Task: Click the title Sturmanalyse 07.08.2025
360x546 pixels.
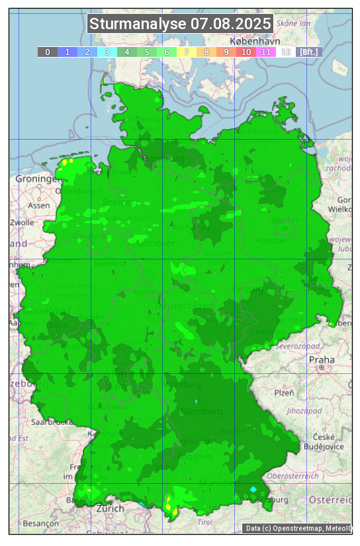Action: (x=180, y=24)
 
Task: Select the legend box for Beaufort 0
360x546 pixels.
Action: (x=47, y=52)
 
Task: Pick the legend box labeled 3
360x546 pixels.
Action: (x=107, y=52)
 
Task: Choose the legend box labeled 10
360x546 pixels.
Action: (x=246, y=52)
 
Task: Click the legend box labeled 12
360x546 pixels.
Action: (x=285, y=52)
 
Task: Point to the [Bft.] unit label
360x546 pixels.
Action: (x=308, y=52)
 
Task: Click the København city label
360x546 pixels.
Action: (x=256, y=40)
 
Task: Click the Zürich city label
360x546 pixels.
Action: (x=110, y=508)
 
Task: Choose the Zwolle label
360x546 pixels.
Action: (x=22, y=222)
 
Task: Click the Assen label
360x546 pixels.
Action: (x=39, y=205)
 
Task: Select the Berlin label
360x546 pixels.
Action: (x=285, y=220)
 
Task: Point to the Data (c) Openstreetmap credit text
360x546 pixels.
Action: (x=298, y=528)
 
